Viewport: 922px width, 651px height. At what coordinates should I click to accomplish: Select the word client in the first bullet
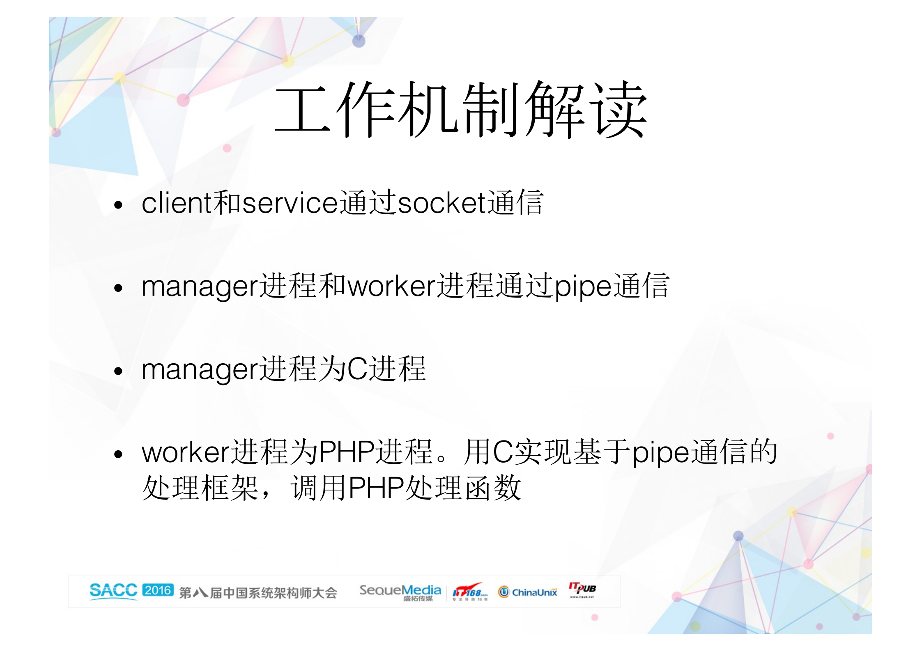point(177,203)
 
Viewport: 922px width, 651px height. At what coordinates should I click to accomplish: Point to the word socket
point(442,203)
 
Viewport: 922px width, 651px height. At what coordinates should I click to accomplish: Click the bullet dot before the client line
point(119,204)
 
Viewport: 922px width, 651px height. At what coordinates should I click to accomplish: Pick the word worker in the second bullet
point(391,286)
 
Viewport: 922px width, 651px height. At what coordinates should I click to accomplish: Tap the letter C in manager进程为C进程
point(357,369)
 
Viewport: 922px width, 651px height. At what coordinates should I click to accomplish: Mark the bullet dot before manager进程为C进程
point(119,371)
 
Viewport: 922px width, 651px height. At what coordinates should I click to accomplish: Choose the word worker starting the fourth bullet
point(186,452)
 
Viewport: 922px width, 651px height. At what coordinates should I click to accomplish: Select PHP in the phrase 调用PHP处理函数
point(376,488)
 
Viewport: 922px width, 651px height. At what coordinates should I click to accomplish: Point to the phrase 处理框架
point(200,488)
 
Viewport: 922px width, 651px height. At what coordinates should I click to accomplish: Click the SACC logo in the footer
point(113,591)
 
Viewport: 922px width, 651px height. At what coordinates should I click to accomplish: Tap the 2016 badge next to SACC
point(158,590)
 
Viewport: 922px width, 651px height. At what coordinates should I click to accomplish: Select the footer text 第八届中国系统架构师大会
point(258,593)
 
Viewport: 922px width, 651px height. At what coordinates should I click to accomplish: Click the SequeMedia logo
point(400,592)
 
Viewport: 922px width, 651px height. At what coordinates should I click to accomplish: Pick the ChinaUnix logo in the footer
point(528,592)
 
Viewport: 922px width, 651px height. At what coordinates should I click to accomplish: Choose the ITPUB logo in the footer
point(582,589)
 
